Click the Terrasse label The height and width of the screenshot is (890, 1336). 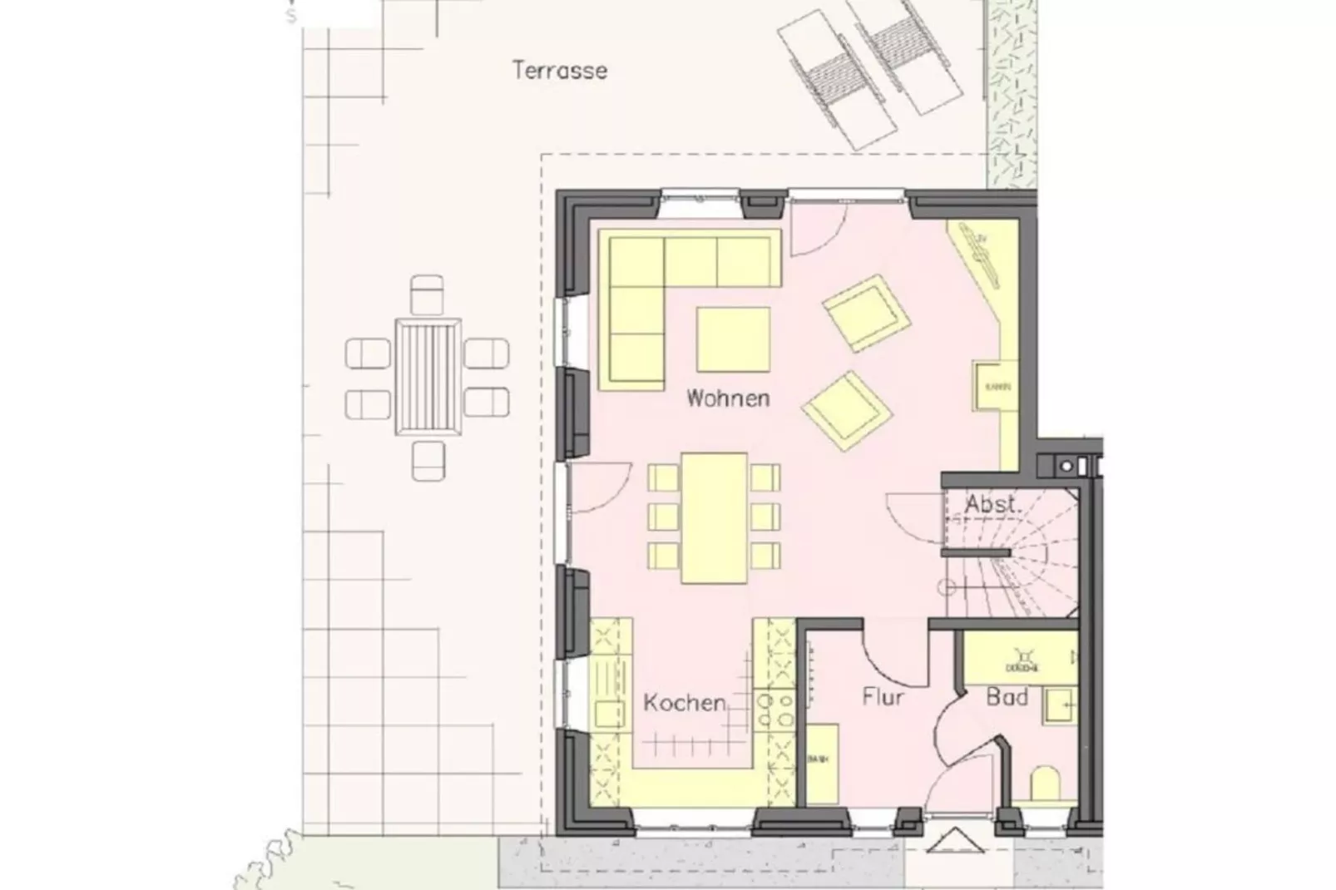pos(559,70)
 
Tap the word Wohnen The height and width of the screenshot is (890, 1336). pos(728,398)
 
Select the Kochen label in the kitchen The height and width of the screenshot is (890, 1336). pos(685,703)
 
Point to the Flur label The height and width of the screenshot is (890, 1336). pos(883,696)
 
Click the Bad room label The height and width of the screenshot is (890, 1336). pos(1007,696)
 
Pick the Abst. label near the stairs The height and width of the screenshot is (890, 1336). pos(992,504)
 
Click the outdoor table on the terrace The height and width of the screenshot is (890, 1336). pos(428,376)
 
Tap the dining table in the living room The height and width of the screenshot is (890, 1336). pos(714,517)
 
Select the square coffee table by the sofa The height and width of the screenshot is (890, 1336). pos(733,339)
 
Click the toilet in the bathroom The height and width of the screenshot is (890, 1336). pos(1045,784)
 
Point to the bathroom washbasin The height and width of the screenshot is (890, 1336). pos(1060,705)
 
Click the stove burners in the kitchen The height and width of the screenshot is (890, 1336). pos(774,711)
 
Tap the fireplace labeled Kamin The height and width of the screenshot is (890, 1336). pos(996,387)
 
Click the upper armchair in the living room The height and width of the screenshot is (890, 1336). pos(866,314)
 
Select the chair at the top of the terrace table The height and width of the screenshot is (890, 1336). pos(428,294)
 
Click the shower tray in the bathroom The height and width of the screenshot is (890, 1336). pos(1019,658)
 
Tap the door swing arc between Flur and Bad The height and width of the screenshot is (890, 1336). pos(948,724)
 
